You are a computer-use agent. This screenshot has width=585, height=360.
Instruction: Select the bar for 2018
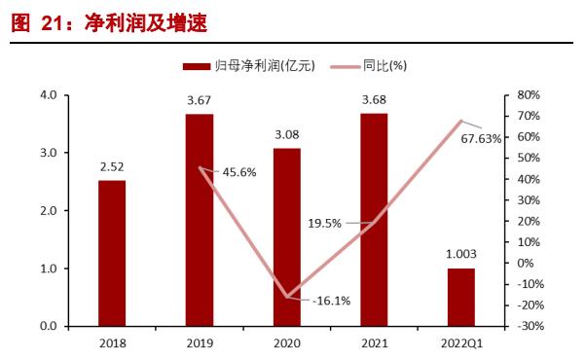112,253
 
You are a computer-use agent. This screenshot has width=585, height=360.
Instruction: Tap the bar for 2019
200,220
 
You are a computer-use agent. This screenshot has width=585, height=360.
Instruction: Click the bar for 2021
374,220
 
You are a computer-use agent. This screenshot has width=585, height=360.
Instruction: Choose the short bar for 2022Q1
461,297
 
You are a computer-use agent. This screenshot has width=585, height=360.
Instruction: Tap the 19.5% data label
325,223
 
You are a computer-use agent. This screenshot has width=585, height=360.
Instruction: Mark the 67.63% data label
482,138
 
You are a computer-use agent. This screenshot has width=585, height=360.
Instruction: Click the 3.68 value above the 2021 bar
374,100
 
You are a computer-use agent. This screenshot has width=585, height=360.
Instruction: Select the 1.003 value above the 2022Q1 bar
461,254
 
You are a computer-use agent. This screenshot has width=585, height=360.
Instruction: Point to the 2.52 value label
112,166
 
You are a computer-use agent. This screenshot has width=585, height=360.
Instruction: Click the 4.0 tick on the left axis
48,95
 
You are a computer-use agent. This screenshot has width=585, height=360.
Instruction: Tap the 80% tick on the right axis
528,95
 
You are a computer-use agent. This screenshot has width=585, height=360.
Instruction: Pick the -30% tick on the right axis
527,326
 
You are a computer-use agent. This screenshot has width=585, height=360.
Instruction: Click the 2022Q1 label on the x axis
461,342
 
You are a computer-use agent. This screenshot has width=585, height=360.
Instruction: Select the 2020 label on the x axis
287,342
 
